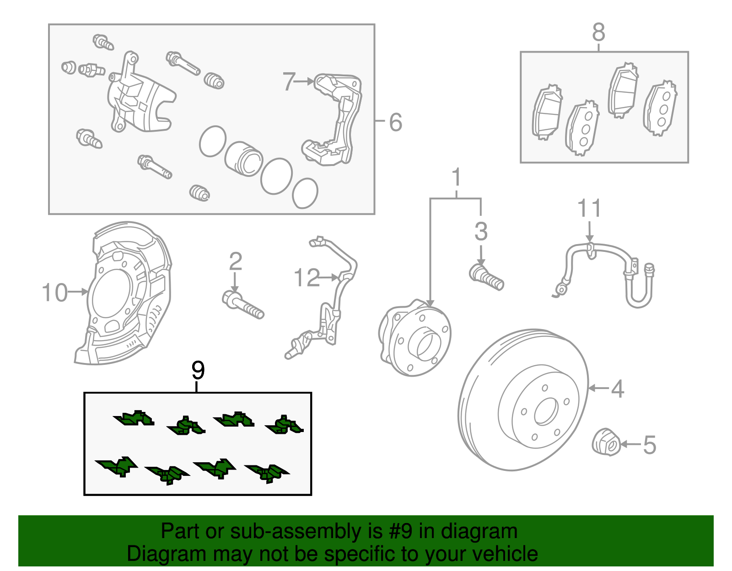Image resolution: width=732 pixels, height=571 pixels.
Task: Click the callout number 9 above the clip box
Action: (x=198, y=370)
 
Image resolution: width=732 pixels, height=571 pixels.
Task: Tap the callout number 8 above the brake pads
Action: (x=598, y=32)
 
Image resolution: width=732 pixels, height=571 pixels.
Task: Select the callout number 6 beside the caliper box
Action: (x=395, y=122)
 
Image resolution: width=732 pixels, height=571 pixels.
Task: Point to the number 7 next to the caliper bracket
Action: (x=288, y=81)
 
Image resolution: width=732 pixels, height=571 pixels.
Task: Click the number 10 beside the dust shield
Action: (x=54, y=292)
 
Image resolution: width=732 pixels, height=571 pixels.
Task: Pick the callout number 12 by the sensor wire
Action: (x=306, y=278)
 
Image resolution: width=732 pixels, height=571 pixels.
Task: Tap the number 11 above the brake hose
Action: (x=589, y=208)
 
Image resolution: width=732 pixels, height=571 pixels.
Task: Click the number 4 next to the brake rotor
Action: (x=617, y=389)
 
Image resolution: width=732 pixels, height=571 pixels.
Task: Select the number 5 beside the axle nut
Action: (x=649, y=444)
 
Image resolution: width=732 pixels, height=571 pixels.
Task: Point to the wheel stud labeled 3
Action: (x=487, y=277)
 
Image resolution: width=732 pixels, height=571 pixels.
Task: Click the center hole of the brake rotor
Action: (x=545, y=411)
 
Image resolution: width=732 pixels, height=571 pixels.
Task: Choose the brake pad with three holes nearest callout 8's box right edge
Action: (x=660, y=108)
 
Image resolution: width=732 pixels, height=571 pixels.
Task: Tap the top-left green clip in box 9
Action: (x=134, y=418)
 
